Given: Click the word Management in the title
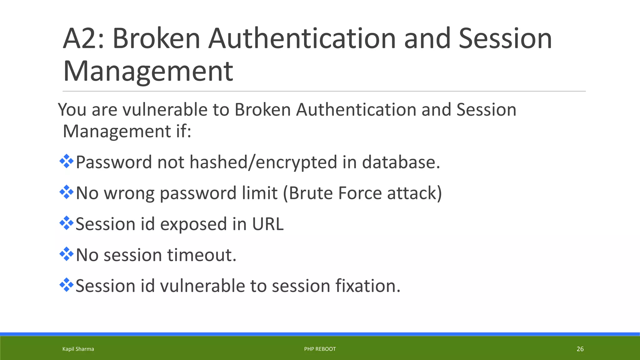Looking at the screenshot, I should (x=148, y=72).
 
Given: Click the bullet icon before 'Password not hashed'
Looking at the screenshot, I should (x=66, y=162).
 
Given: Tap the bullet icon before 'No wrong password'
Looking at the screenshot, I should (x=66, y=192).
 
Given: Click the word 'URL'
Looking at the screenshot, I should (x=268, y=224).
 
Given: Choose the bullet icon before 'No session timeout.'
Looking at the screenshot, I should (x=66, y=254).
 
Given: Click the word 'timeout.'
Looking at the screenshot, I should (x=202, y=255).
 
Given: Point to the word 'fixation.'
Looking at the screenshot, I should (x=368, y=286).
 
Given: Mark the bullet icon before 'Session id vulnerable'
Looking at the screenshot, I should (x=66, y=285).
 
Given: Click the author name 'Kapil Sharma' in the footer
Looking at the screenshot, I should (x=78, y=349).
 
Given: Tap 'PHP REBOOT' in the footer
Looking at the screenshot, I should (x=320, y=349).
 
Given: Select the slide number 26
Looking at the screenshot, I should (x=580, y=349).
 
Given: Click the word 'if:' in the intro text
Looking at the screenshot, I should (x=182, y=131).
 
